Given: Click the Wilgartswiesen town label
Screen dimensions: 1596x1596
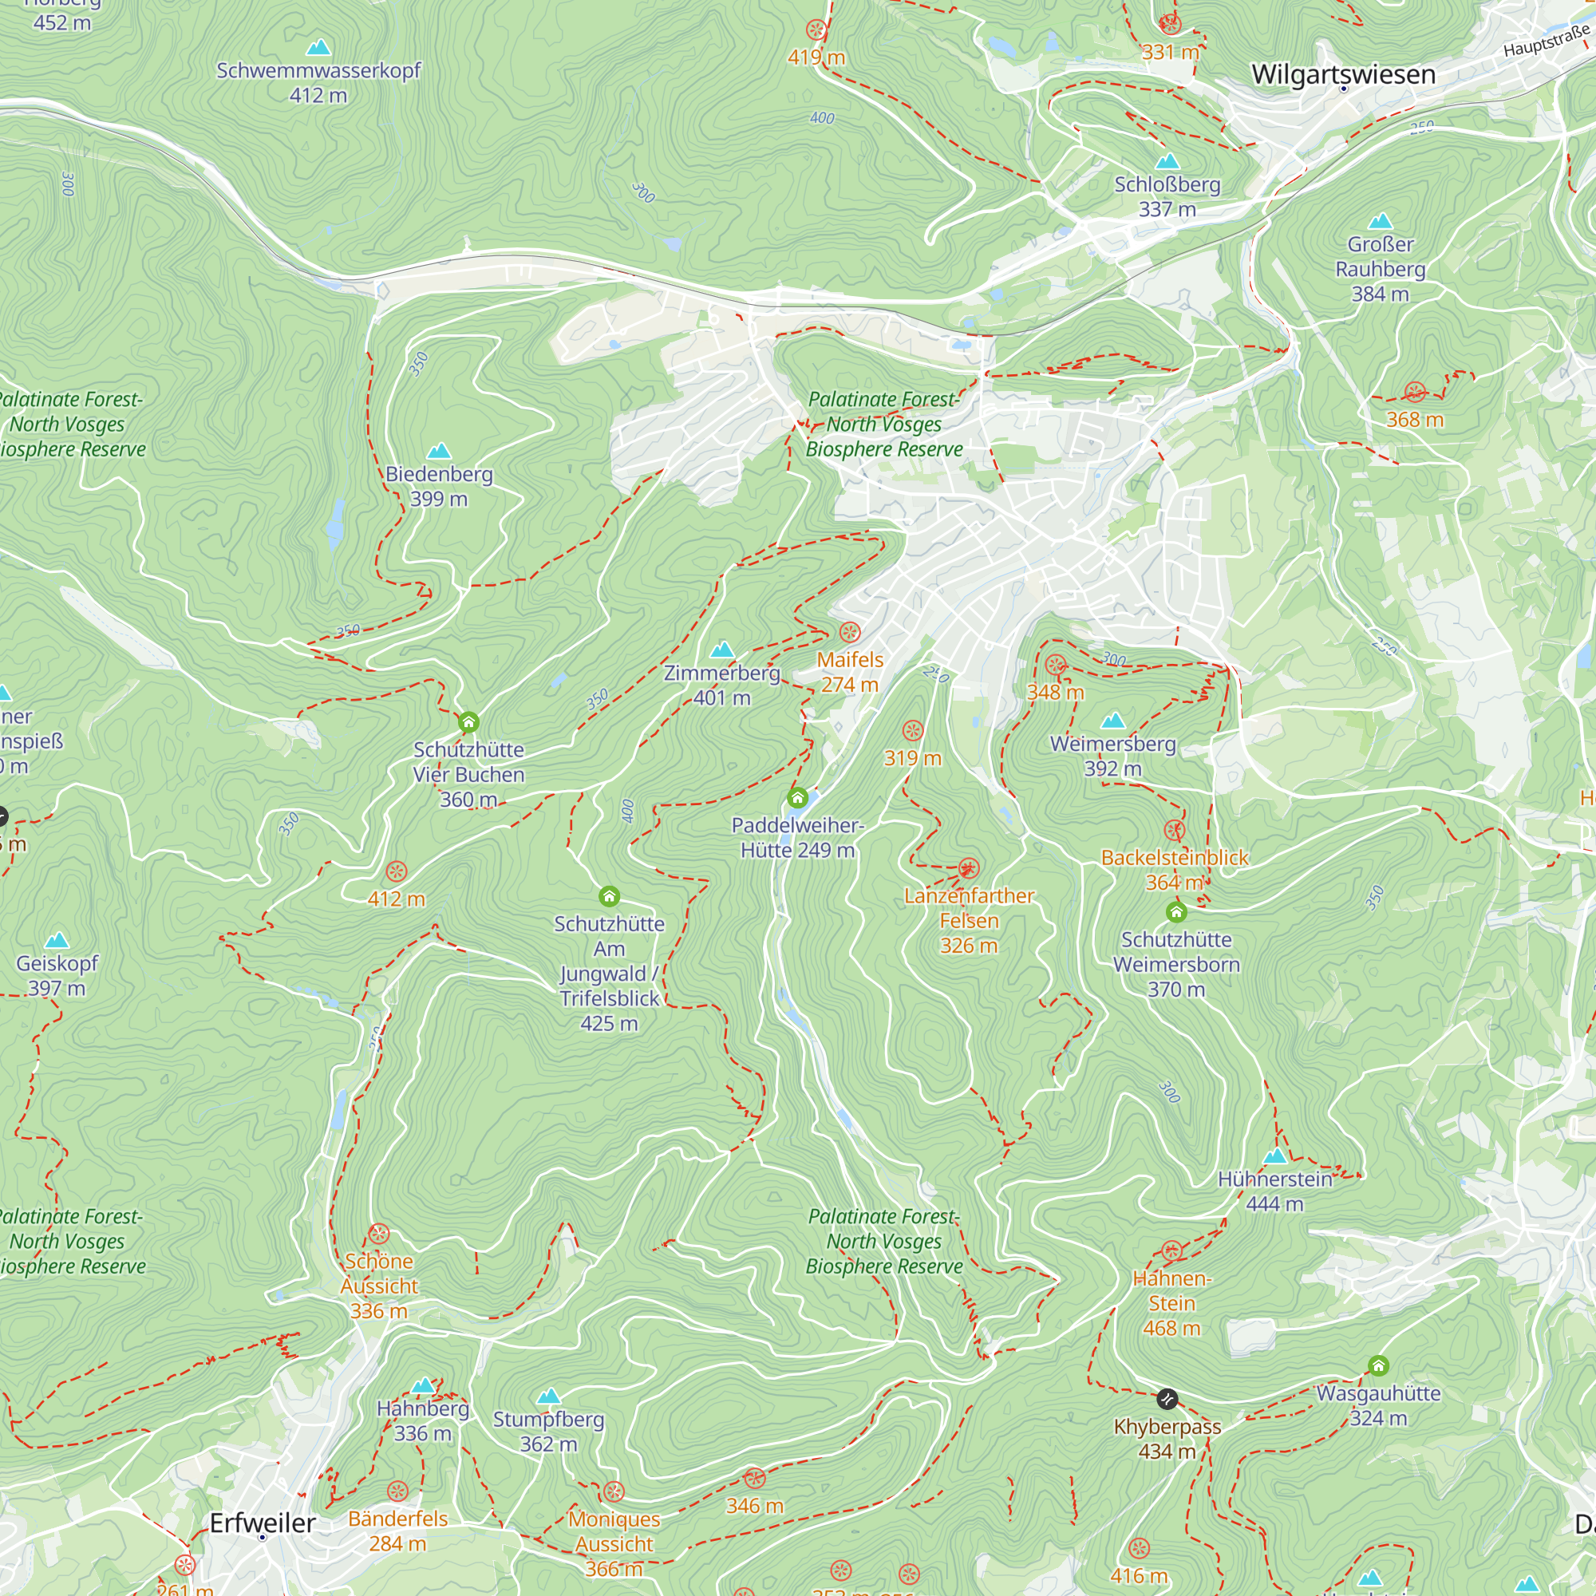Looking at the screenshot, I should [1343, 74].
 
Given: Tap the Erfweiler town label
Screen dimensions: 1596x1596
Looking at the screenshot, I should [262, 1523].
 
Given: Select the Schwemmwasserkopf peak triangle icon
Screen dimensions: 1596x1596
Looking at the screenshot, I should [318, 48].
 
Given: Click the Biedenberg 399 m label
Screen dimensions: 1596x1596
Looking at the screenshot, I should [439, 486].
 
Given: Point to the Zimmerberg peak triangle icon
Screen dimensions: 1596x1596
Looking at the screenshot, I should [722, 650].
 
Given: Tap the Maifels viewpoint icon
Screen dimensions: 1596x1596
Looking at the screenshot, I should [849, 633].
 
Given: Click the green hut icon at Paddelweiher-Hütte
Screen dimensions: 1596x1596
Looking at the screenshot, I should [797, 798].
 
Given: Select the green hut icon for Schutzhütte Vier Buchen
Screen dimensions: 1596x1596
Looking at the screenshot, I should [468, 723].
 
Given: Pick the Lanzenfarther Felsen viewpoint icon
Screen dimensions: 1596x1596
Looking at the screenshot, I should [968, 868].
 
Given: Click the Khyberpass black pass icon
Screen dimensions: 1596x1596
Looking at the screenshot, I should [1167, 1399].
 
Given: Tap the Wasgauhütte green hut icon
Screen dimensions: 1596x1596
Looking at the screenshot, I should [1378, 1365].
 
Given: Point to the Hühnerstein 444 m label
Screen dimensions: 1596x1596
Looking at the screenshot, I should [1274, 1191].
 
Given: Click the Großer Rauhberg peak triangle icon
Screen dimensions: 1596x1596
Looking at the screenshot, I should [1381, 221].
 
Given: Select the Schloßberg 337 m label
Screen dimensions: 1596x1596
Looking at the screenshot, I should [1167, 196].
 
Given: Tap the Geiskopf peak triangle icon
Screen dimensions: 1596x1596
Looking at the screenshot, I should [57, 940].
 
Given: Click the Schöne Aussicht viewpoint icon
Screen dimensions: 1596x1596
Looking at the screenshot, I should [378, 1235].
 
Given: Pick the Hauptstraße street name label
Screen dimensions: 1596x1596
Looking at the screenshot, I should [1546, 41].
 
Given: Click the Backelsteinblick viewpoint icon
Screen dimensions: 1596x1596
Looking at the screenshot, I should [1174, 830].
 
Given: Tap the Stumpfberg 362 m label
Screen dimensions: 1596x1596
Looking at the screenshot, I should [548, 1431].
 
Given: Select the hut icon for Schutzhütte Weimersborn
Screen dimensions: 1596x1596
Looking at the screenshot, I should [1176, 912].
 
